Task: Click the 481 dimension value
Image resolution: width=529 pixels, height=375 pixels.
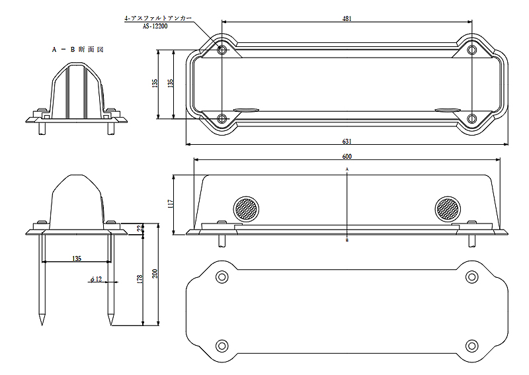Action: pos(346,19)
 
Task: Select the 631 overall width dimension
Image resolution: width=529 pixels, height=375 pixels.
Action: pos(346,142)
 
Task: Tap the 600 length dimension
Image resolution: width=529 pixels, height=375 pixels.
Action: pos(346,156)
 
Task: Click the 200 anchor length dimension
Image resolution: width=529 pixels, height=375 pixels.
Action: pos(155,273)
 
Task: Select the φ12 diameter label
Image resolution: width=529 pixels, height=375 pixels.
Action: pos(97,280)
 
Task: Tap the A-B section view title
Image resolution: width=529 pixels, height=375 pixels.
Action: pos(78,50)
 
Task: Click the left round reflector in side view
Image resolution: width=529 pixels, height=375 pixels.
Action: pos(247,209)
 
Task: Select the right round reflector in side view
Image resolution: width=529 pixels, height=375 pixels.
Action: pos(447,209)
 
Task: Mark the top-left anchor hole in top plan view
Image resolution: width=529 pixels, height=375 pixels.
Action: pos(222,50)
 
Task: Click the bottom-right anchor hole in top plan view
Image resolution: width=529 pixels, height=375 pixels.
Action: pos(471,118)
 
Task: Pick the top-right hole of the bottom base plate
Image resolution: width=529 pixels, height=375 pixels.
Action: pos(471,276)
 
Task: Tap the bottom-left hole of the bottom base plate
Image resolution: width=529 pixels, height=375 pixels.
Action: pos(222,345)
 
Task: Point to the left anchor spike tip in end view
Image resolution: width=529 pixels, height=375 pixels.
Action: pos(42,323)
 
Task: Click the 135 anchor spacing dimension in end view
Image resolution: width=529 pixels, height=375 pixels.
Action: pos(77,259)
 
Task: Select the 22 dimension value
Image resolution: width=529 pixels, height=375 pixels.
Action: pos(139,229)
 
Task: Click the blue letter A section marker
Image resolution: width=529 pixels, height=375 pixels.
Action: pos(347,170)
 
